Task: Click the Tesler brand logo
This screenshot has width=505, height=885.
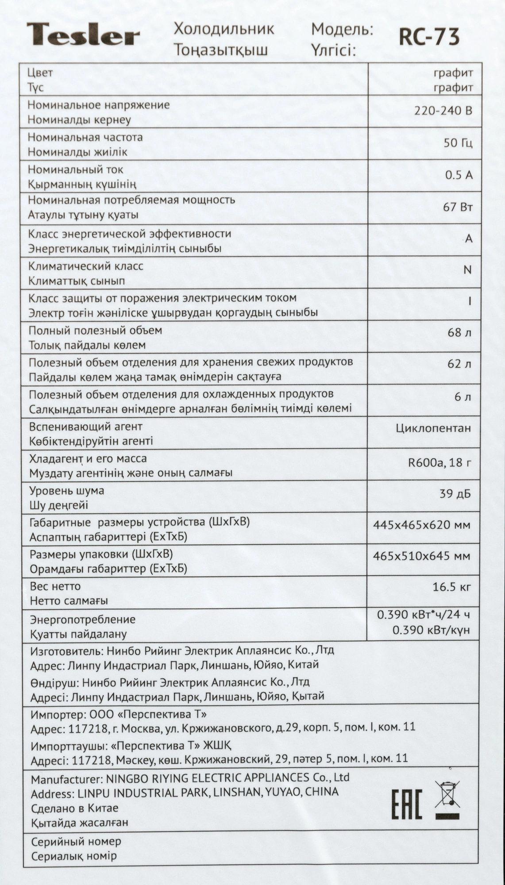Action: [x=83, y=35]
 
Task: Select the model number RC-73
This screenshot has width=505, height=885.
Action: [x=429, y=37]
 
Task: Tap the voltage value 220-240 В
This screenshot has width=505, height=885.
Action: [x=443, y=111]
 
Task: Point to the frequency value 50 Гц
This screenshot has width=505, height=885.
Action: [x=458, y=143]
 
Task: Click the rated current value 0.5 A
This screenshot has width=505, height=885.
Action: [x=459, y=175]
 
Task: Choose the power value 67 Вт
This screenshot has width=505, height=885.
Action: [x=458, y=207]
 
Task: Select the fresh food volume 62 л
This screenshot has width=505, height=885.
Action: [x=459, y=364]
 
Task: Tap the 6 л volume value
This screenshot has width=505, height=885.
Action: [x=463, y=396]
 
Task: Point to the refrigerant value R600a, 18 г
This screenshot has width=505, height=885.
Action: [x=439, y=462]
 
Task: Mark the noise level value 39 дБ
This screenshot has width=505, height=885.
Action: [x=455, y=493]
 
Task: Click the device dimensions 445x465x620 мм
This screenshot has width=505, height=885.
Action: [x=421, y=525]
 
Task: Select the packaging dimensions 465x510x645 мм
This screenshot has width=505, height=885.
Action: [x=421, y=556]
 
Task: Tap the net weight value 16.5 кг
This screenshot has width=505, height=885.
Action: [x=451, y=587]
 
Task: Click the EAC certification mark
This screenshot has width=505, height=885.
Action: [x=407, y=804]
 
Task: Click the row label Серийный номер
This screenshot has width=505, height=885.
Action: [x=76, y=841]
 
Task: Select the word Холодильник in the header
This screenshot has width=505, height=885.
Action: [x=224, y=30]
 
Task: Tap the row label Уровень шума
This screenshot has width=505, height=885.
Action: [x=67, y=490]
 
